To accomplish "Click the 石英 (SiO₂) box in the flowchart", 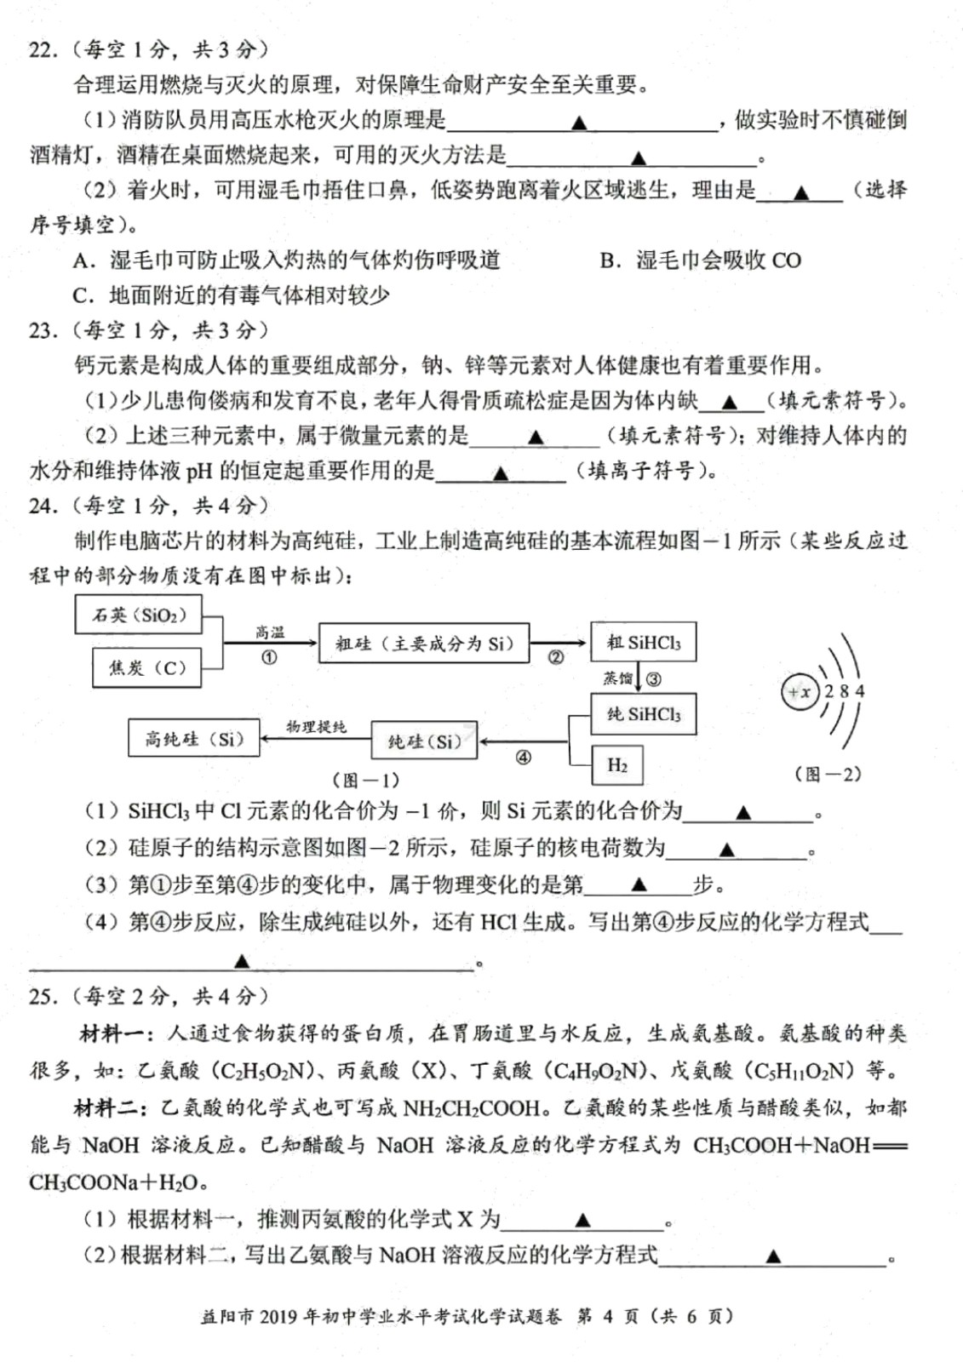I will (139, 615).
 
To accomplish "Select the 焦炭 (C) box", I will (146, 667).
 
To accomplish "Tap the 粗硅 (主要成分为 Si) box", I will (423, 644).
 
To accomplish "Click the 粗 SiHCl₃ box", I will (643, 643).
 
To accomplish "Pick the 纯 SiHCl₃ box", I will (643, 714).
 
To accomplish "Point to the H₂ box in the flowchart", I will (616, 765).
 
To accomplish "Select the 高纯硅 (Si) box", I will (193, 739).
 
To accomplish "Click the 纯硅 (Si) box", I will (424, 741).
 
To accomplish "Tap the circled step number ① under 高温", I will (269, 657).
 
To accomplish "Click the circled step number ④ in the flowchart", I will (523, 757).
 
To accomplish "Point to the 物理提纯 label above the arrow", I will (316, 726).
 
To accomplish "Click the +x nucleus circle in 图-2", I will (800, 692).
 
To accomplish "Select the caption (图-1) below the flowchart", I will (365, 780).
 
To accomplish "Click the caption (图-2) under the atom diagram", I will (827, 774).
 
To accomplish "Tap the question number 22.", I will (42, 49).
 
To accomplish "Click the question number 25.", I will (42, 996).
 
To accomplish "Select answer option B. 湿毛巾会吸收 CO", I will (700, 260).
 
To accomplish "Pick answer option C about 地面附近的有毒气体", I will (232, 295).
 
